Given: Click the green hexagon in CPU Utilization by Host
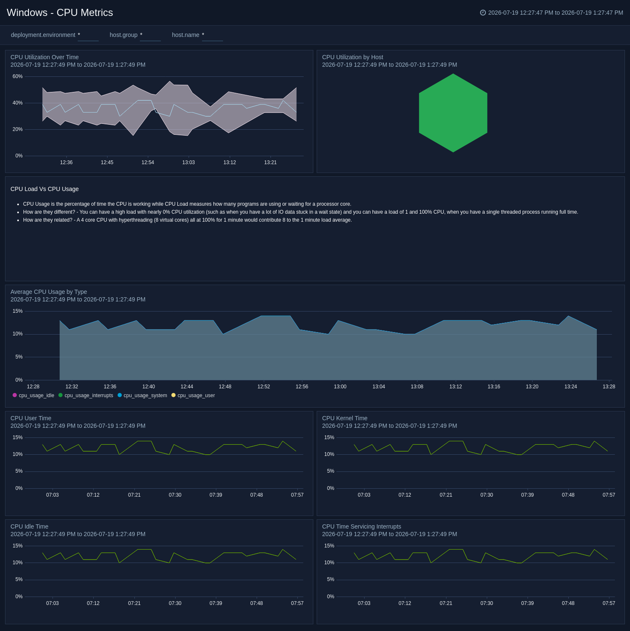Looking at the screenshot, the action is tap(453, 113).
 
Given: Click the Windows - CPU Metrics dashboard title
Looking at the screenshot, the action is tap(60, 13).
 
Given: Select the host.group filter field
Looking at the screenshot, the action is tap(150, 35).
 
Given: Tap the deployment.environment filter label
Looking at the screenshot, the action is tap(43, 35).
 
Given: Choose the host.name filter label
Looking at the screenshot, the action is tap(186, 35).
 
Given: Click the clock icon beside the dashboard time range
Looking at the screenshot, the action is tap(483, 13).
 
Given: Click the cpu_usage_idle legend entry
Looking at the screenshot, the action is tap(34, 395).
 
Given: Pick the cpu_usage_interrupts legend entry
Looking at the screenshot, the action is tap(86, 395).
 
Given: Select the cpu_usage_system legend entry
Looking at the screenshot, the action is tap(142, 395).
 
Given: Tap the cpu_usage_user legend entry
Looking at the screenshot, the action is tap(193, 395).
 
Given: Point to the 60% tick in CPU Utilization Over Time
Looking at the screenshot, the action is tap(18, 76).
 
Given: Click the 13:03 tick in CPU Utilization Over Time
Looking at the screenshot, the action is tap(189, 162).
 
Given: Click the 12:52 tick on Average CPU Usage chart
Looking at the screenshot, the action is tap(264, 387).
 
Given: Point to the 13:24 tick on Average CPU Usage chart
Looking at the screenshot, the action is tap(571, 387).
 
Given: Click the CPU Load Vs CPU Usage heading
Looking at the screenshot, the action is tap(45, 189).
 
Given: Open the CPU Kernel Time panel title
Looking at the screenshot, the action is tap(345, 418).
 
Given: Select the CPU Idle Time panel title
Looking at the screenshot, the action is tap(29, 526).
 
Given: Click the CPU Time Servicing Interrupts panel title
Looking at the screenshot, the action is tap(362, 526).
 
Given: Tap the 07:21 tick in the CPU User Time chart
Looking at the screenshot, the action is tap(134, 495).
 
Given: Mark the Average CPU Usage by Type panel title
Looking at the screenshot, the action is tap(49, 292).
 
